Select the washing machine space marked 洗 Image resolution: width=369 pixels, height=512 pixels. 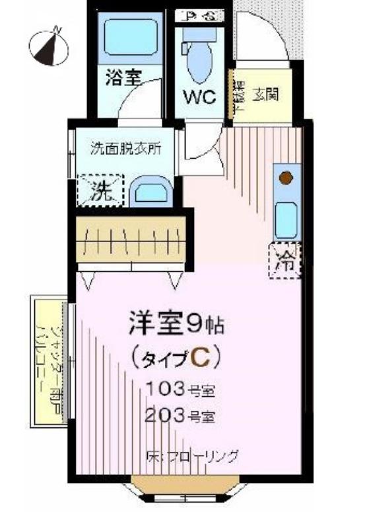(x=101, y=191)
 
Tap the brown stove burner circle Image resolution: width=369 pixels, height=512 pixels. (x=285, y=177)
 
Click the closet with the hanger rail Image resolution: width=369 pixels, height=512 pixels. (x=132, y=237)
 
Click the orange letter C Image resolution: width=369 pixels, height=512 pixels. (x=201, y=358)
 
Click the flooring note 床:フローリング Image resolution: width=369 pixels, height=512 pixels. (x=191, y=456)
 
